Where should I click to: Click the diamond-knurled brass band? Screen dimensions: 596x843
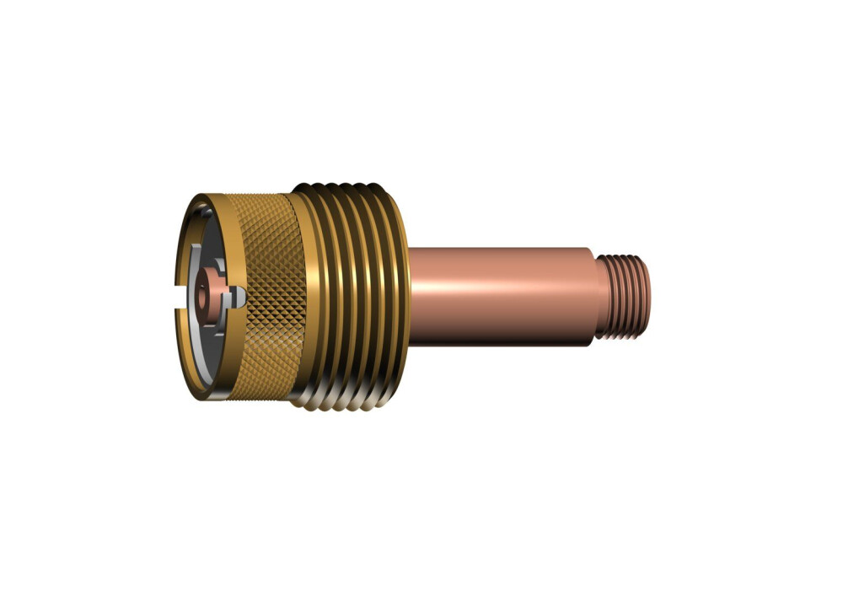coord(266,295)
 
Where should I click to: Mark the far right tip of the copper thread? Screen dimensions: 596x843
coord(650,297)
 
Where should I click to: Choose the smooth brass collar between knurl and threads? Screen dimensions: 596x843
coord(299,295)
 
